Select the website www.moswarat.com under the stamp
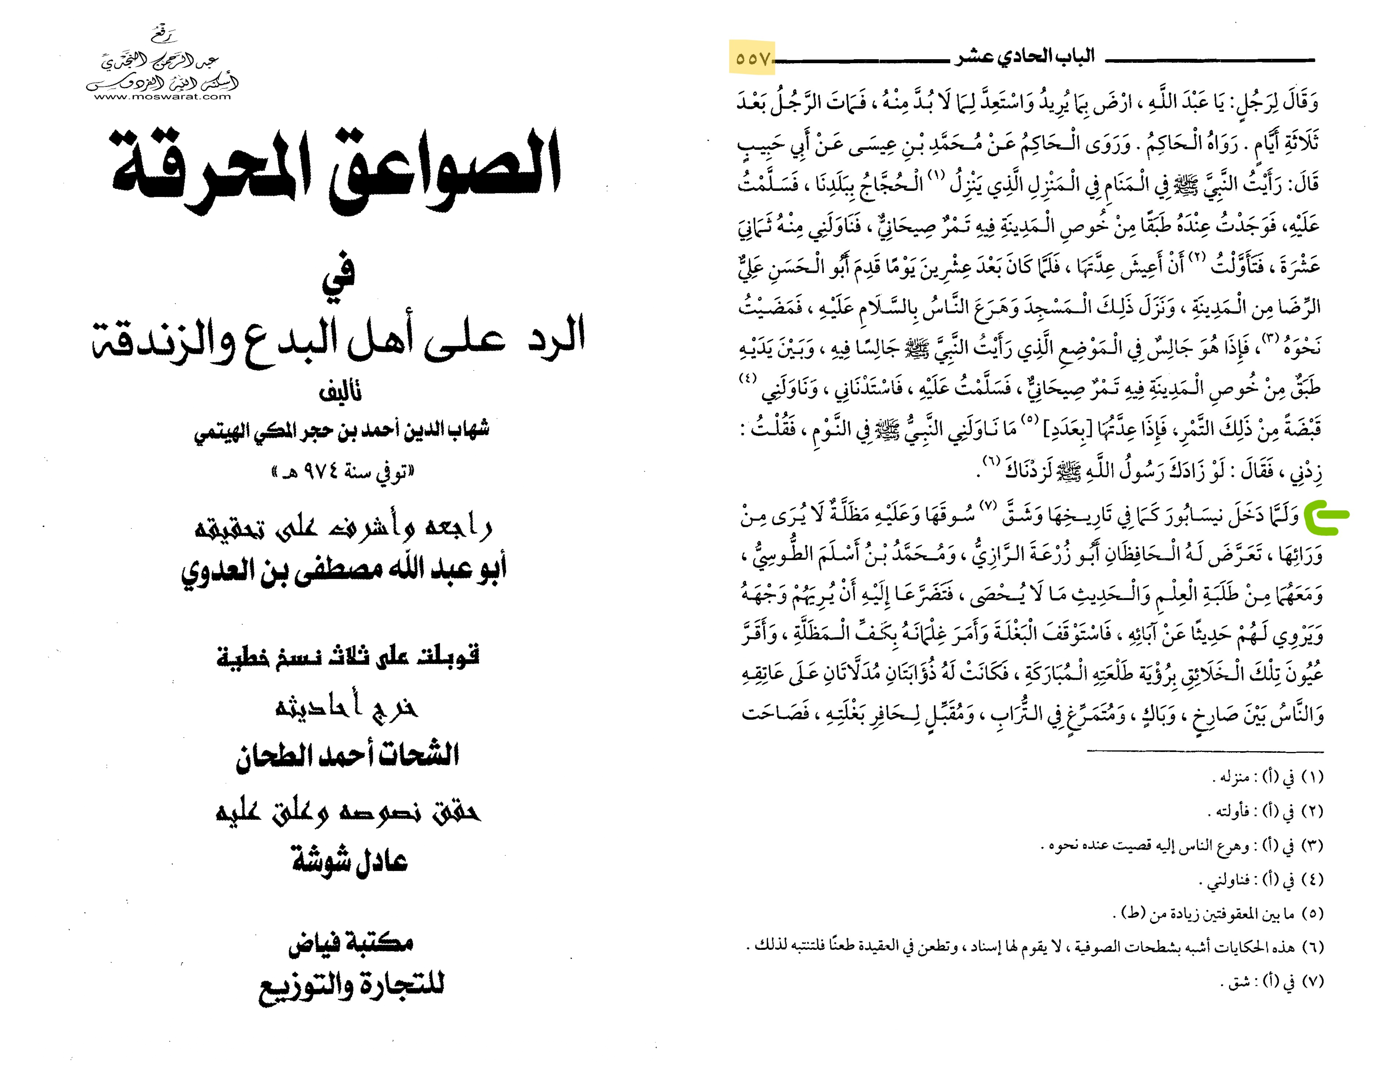point(163,97)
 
